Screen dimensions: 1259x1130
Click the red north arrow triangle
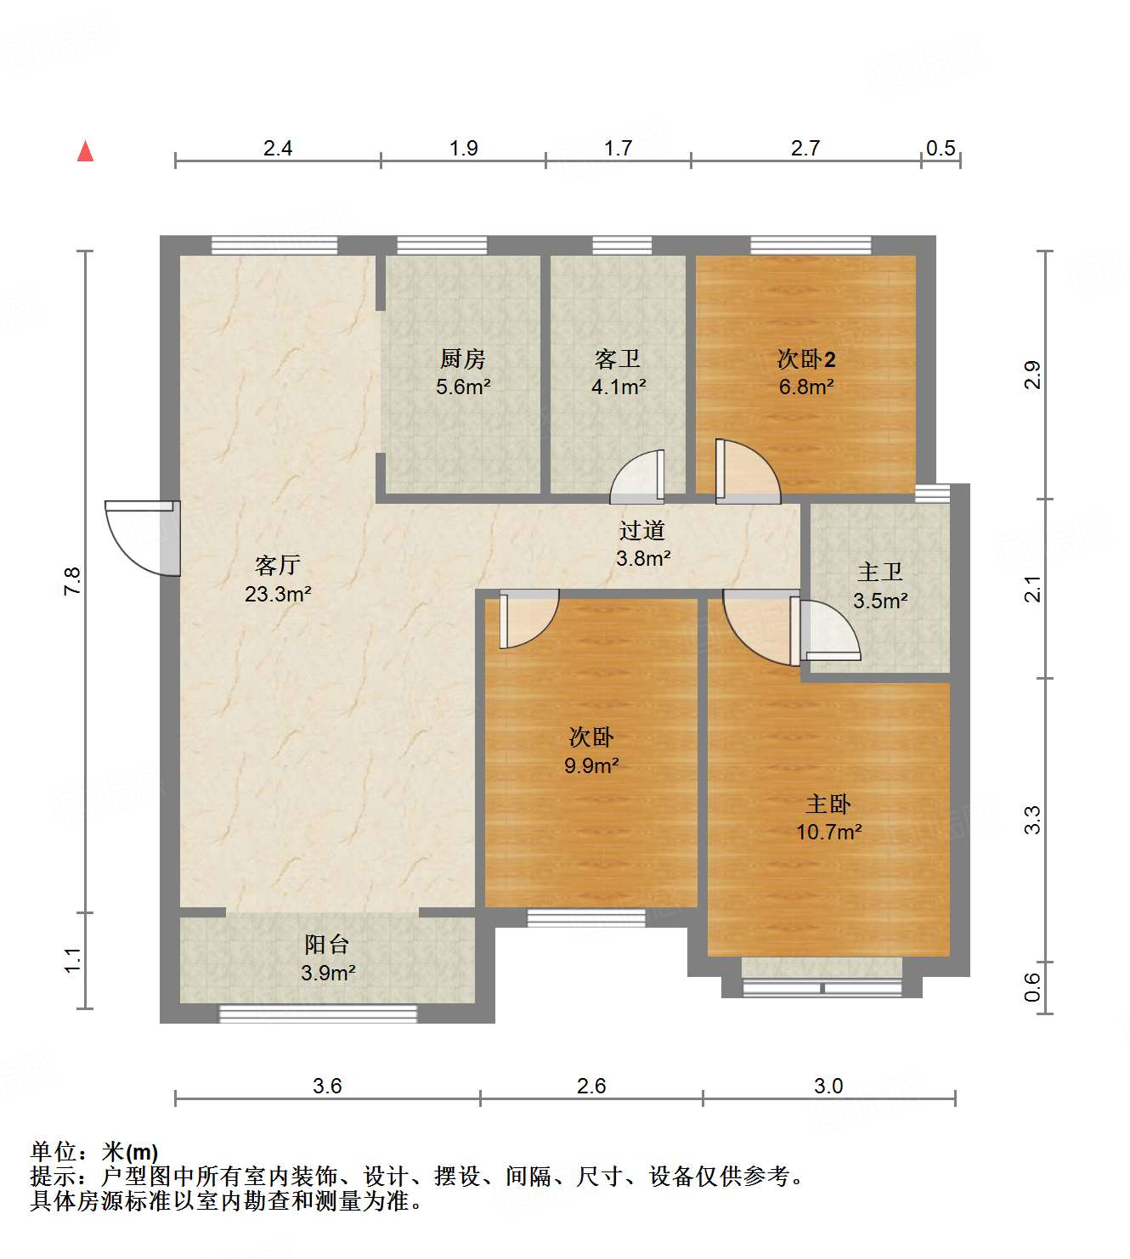85,152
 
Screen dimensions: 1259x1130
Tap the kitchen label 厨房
463,359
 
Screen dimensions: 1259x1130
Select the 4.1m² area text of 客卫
619,387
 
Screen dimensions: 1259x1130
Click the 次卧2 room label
805,359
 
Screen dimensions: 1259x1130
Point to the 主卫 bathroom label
879,573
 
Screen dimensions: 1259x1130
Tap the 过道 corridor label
641,531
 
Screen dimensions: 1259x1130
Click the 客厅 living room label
277,565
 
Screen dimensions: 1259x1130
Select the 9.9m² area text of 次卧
591,765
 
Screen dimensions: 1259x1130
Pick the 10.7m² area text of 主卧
828,832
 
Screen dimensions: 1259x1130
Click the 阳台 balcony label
327,944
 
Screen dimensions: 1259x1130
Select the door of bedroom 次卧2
745,472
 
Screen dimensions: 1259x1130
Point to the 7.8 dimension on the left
71,579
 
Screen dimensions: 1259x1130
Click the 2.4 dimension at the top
277,149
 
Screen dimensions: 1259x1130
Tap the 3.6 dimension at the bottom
327,1086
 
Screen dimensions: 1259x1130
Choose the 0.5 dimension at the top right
941,149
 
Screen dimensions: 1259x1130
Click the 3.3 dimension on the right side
1031,819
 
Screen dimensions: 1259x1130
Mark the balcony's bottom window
318,1013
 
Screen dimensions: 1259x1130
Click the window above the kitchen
442,246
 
